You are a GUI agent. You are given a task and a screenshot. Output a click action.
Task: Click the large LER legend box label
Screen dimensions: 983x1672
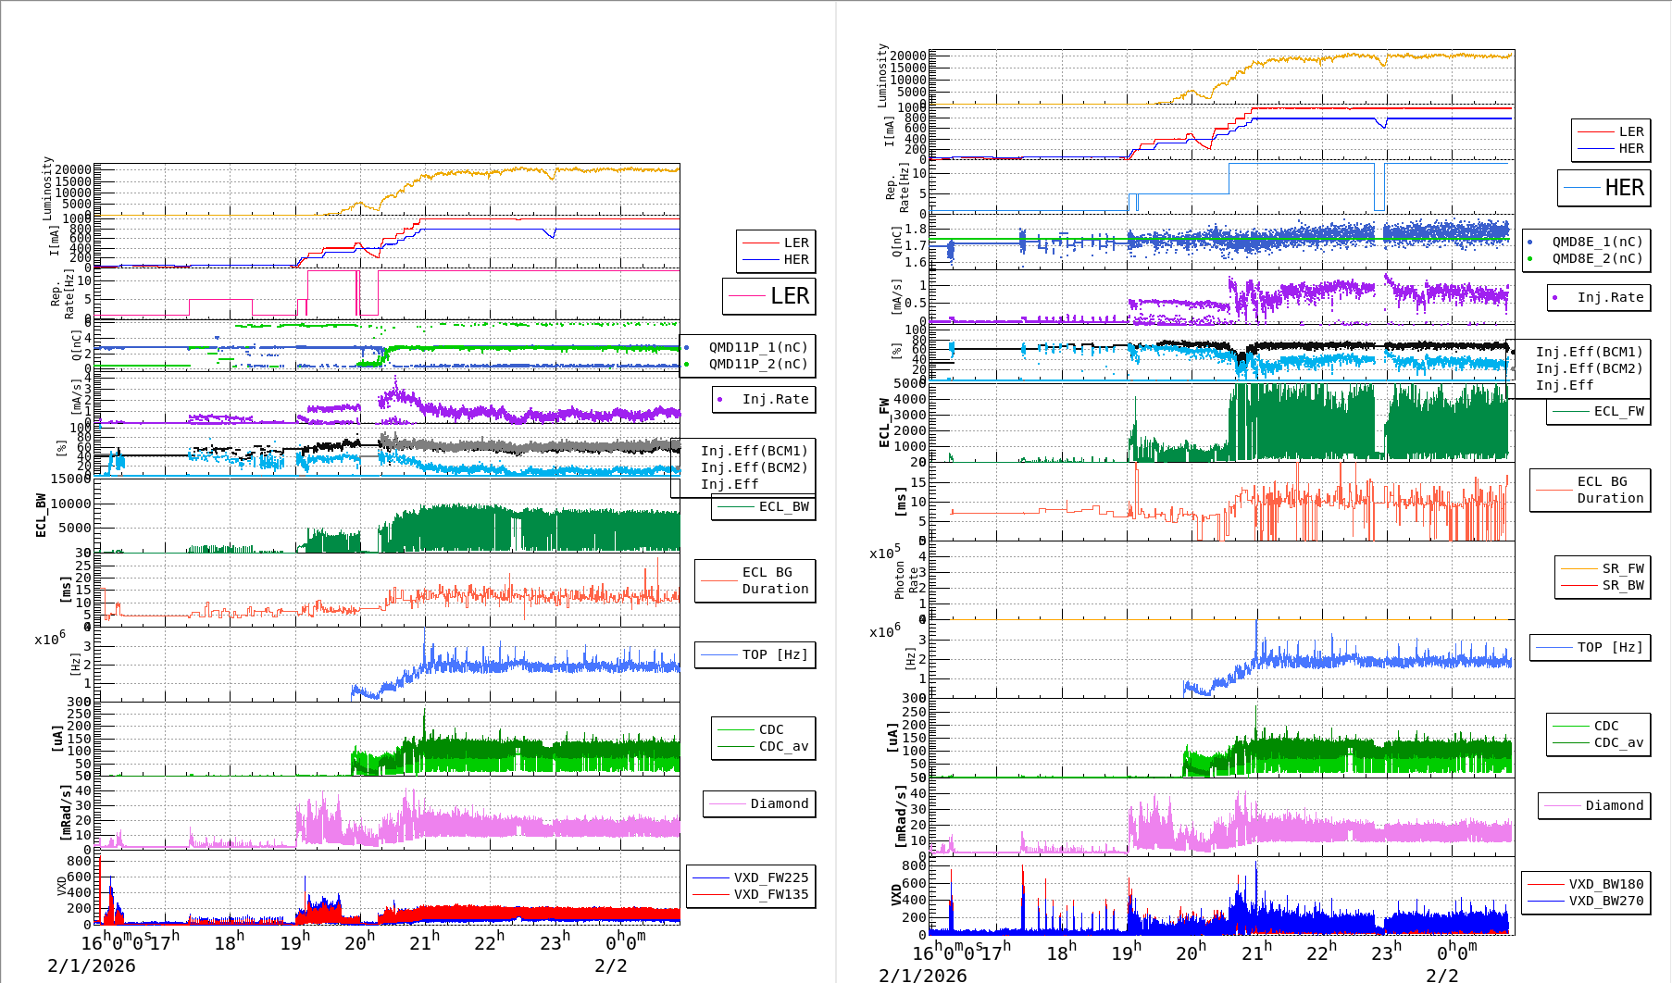point(789,296)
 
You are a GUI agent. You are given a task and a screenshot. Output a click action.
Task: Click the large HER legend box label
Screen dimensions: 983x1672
point(1624,188)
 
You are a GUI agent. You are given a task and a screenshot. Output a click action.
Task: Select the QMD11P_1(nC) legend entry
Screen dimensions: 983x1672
point(757,348)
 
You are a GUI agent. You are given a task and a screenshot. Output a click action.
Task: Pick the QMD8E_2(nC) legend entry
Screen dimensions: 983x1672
point(1597,259)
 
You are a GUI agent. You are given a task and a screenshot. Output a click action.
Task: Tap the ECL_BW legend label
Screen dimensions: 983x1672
point(783,507)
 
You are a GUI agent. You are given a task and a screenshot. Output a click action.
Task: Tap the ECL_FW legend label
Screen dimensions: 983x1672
point(1618,412)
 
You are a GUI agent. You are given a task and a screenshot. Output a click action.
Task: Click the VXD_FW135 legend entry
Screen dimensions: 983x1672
point(770,895)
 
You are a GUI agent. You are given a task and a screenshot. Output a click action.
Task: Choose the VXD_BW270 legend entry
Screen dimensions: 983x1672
point(1605,902)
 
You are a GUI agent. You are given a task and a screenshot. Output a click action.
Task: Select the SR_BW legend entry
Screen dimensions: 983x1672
point(1623,586)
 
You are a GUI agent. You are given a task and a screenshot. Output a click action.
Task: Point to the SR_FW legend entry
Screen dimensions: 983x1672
point(1623,569)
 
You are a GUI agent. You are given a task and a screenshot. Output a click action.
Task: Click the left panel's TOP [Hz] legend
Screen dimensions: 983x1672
point(774,655)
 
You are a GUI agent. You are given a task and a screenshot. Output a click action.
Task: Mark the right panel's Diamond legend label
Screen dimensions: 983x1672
point(1614,806)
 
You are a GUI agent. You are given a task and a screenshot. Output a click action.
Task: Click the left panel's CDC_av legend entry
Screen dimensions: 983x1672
point(783,747)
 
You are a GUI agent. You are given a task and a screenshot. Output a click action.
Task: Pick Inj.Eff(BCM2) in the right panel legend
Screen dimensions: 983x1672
point(1589,369)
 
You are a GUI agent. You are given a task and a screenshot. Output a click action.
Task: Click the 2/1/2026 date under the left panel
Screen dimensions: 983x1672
point(92,966)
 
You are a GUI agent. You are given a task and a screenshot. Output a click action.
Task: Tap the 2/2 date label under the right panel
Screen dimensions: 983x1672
point(1442,976)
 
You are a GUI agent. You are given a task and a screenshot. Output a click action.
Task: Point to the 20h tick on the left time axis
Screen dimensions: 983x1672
point(359,943)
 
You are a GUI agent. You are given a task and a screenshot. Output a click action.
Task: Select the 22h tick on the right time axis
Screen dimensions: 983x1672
point(1320,952)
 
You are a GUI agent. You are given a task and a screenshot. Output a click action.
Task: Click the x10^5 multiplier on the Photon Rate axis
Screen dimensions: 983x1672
point(884,554)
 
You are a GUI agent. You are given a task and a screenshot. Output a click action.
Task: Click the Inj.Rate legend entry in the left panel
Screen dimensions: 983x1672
point(775,400)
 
